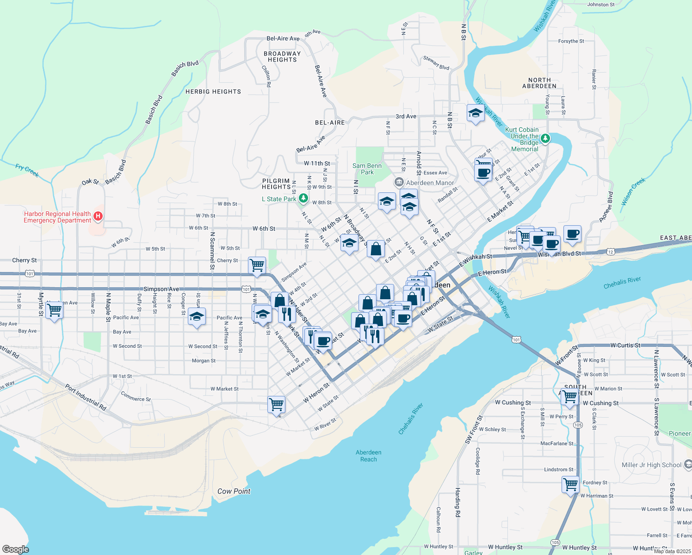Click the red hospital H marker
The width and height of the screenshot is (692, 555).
coord(98,216)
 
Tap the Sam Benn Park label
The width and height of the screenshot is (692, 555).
coord(367,169)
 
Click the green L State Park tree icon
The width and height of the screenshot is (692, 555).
coord(303,198)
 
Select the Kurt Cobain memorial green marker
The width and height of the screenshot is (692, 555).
coord(545,138)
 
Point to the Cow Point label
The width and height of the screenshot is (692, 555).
coord(234,491)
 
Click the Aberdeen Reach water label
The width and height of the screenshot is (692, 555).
coord(369,456)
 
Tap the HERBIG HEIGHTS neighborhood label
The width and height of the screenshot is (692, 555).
coord(213,92)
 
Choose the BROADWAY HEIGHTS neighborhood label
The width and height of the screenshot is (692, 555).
coord(282,56)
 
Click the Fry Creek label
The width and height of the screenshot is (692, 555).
coord(27,170)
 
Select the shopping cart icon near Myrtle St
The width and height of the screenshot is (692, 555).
coord(55,310)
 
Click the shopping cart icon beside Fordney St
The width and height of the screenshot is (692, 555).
coord(571,485)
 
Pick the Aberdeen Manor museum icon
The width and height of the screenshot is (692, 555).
coord(399,183)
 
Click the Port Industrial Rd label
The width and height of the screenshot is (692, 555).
coord(86,397)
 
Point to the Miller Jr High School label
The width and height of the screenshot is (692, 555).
coord(651,465)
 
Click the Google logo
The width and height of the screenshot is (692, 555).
coord(15,549)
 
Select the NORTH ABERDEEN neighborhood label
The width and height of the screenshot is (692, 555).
coord(539,83)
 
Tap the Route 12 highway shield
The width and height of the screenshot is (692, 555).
coord(611,252)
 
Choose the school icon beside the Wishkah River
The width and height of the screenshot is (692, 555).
coord(476,113)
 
